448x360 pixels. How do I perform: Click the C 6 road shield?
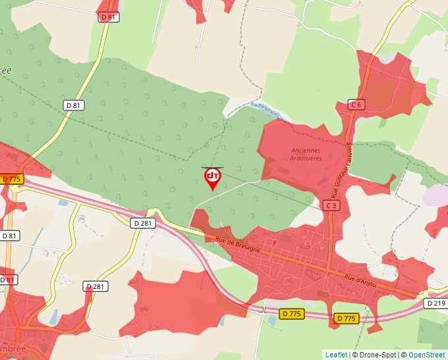pos(356,105)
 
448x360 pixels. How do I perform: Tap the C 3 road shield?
pos(331,206)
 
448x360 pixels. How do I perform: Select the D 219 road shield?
pos(435,303)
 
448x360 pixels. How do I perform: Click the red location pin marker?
pos(213,178)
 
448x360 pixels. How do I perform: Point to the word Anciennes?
pos(306,150)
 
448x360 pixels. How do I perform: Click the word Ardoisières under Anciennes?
pos(306,158)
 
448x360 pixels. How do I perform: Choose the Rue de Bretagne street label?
pos(238,245)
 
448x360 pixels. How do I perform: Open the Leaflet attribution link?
pos(336,355)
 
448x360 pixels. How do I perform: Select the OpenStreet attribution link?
pos(426,355)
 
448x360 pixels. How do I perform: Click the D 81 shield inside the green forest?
pos(74,105)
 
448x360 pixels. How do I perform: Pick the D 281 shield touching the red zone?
pos(96,286)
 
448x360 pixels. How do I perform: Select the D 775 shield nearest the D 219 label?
pos(347,319)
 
